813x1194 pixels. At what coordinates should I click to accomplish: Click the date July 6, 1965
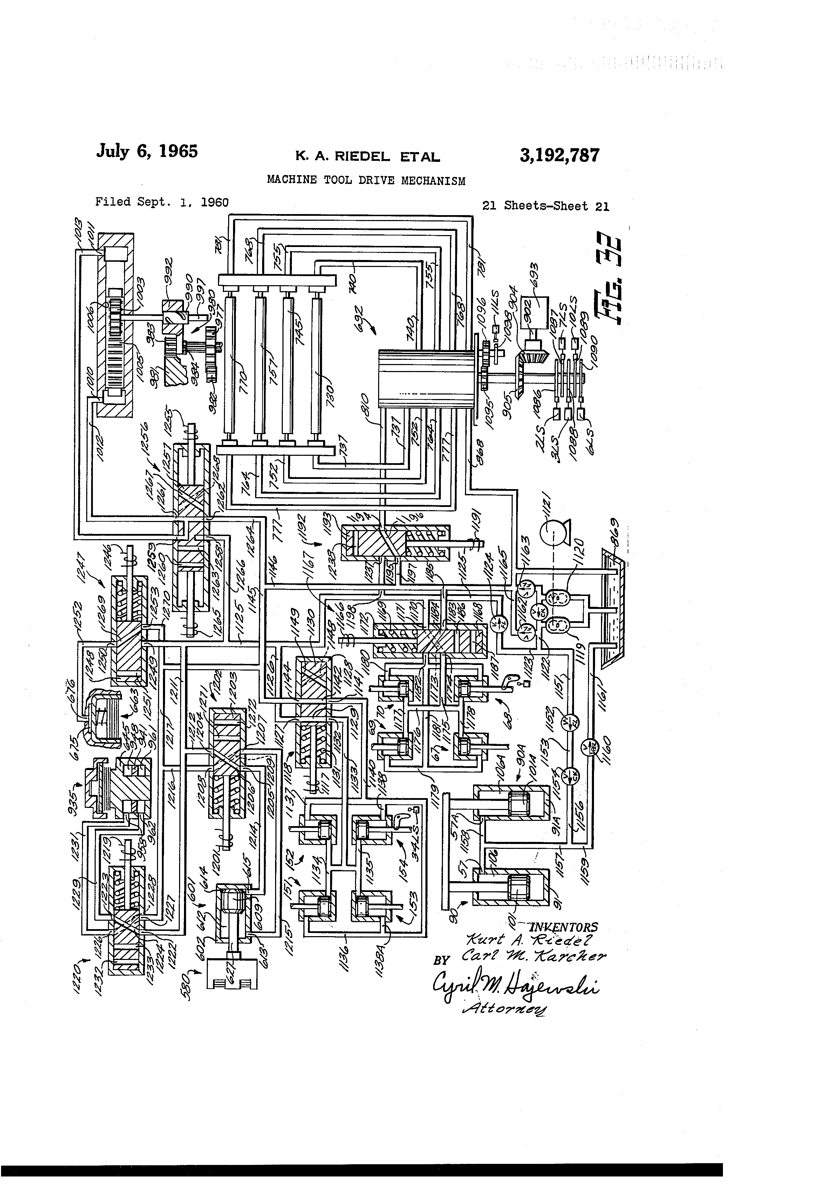(x=146, y=152)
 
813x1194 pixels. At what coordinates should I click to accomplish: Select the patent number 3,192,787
(x=559, y=155)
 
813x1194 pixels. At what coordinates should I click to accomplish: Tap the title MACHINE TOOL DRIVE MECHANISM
(x=366, y=180)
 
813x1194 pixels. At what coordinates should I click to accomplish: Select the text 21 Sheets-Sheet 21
(x=545, y=206)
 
